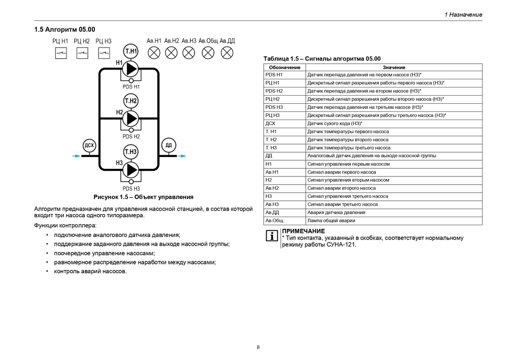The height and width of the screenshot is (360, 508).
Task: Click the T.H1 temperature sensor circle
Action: pos(131,51)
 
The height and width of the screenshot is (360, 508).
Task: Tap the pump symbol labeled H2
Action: pos(131,118)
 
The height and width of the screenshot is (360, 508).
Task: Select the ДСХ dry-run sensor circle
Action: pos(89,145)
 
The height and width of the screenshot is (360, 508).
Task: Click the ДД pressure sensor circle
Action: pos(169,145)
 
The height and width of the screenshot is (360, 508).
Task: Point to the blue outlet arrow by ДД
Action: pos(182,156)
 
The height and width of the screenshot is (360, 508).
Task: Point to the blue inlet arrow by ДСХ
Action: pos(77,156)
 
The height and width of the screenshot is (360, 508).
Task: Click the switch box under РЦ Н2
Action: pos(82,53)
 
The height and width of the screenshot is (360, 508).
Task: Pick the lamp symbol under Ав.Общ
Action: pos(208,53)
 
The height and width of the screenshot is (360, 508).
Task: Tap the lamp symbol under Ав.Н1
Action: pos(154,53)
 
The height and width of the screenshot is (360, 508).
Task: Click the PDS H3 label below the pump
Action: pos(131,189)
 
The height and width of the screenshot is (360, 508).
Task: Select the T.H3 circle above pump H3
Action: pos(131,152)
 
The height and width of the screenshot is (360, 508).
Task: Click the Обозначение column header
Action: pos(285,68)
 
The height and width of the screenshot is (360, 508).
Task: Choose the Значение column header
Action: pos(394,68)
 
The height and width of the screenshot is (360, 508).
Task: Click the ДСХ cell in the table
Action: pos(270,124)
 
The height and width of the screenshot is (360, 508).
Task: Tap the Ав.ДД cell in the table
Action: pos(272,213)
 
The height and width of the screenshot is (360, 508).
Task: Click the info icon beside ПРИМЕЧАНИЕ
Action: pos(272,236)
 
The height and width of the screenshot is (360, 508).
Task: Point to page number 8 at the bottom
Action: pos(258,347)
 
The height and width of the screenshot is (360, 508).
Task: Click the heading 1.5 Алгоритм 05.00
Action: pos(65,29)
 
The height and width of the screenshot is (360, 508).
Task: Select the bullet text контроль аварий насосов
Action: pos(90,271)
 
